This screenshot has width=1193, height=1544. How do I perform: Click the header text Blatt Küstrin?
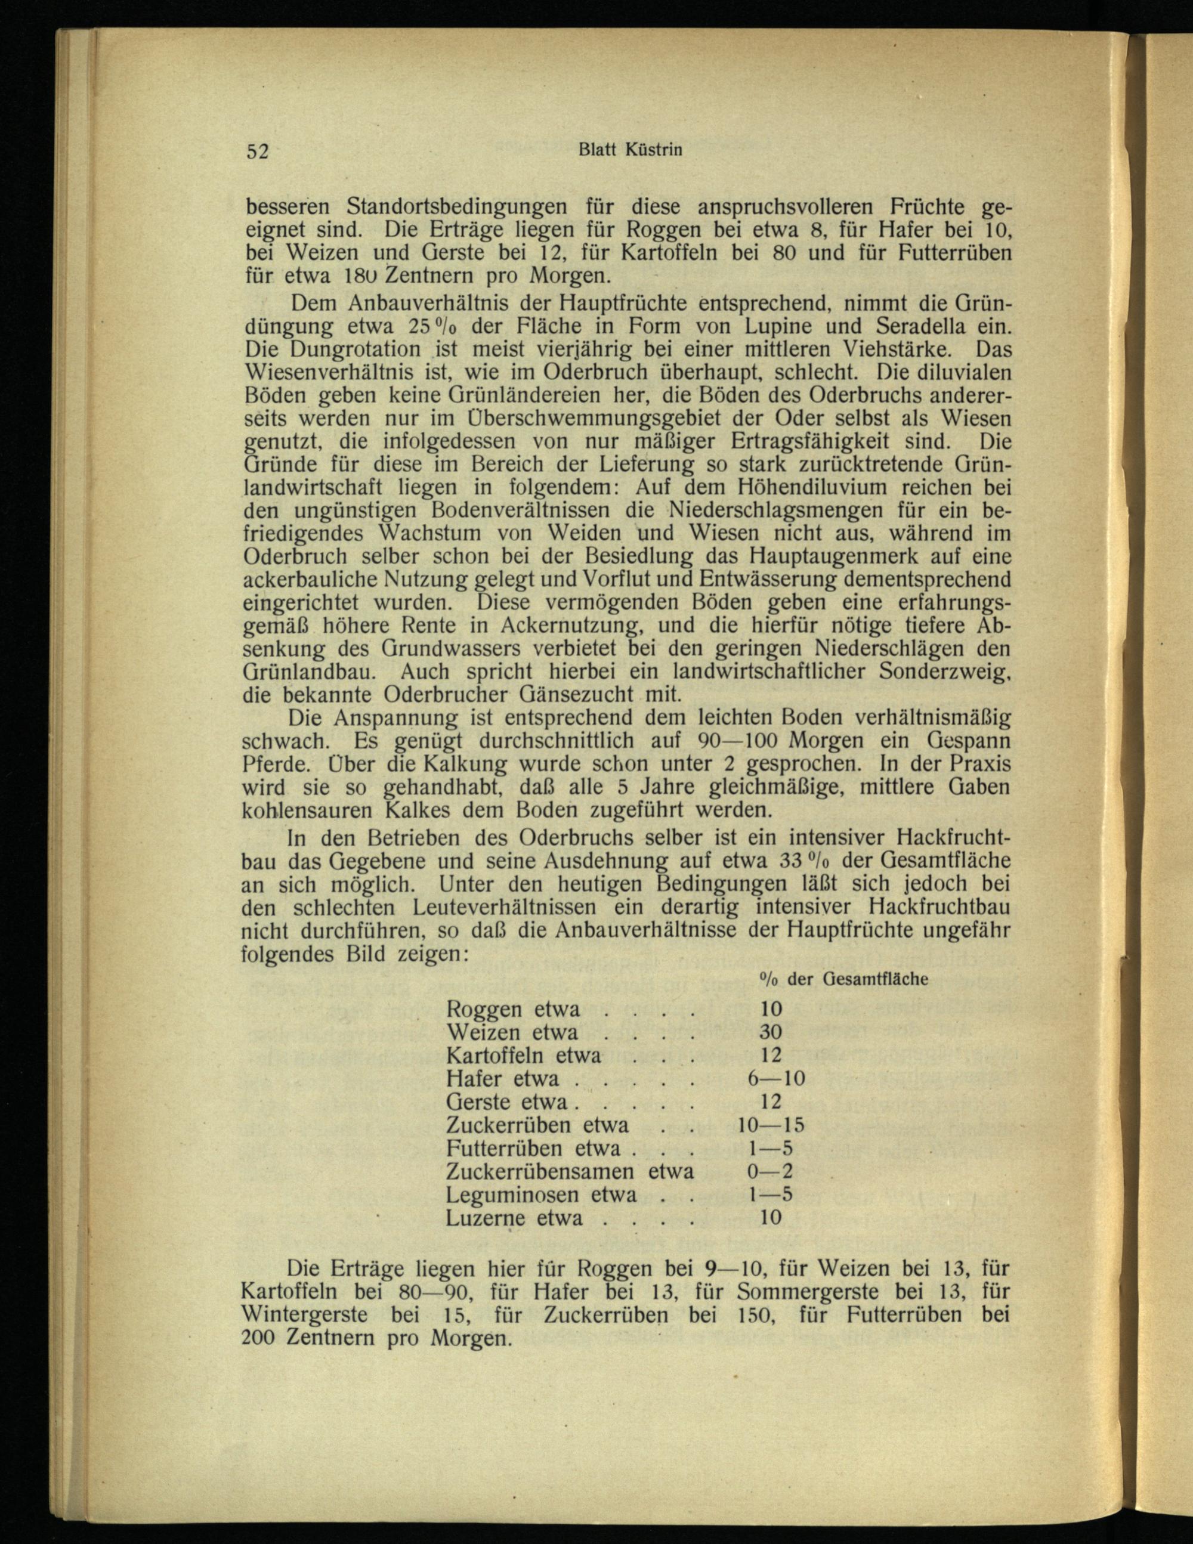(630, 150)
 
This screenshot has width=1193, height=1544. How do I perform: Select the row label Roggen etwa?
(514, 1009)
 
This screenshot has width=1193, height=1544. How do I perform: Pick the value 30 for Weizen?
(770, 1032)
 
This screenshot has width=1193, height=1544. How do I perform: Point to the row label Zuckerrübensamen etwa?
(569, 1171)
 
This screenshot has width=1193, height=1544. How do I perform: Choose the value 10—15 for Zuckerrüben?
(770, 1125)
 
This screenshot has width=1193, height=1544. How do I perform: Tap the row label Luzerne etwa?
(515, 1218)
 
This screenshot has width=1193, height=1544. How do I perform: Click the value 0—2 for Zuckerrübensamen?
(770, 1171)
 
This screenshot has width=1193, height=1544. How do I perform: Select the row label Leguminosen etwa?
(541, 1195)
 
